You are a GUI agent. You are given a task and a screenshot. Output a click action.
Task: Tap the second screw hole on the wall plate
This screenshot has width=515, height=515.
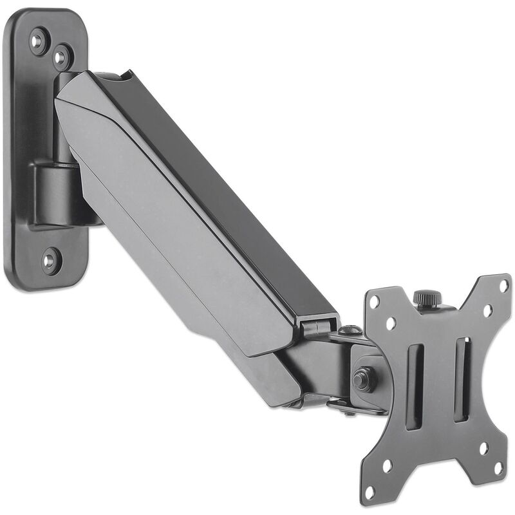61,57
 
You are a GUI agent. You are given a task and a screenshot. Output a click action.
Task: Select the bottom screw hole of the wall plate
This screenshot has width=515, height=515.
50,260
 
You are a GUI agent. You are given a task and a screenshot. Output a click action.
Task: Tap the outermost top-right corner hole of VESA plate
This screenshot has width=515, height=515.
504,285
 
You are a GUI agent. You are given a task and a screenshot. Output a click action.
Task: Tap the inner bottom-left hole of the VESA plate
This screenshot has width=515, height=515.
389,465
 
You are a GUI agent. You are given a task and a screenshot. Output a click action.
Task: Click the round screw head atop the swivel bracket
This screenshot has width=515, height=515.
350,330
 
